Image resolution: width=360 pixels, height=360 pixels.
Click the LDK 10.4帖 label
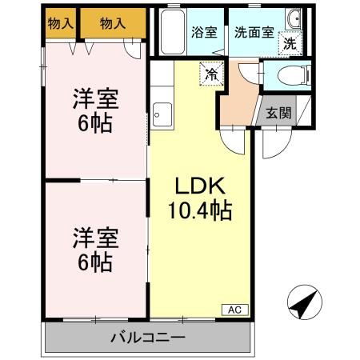tap(199, 199)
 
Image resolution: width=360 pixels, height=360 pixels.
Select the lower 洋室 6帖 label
tap(96, 249)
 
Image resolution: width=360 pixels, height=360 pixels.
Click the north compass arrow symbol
tap(302, 303)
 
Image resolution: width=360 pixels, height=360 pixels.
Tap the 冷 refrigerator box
tap(211, 73)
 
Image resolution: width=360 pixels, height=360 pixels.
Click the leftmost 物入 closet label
tap(61, 24)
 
